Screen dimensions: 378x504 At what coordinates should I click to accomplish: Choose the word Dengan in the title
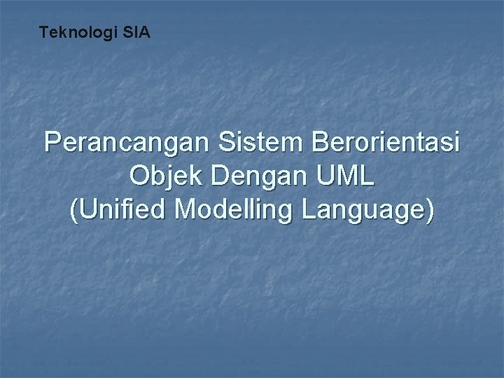tap(259, 177)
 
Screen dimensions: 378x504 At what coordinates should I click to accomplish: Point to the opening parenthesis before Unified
tap(76, 210)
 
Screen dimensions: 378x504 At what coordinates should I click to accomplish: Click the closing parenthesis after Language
tap(428, 210)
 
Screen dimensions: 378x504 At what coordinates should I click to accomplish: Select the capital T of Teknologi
tap(43, 32)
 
